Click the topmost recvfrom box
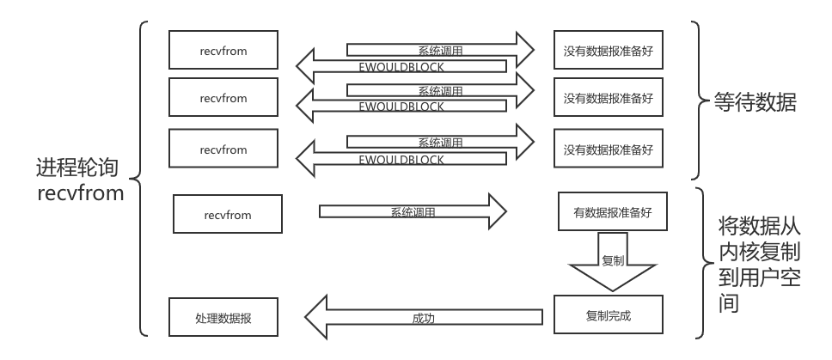(x=223, y=51)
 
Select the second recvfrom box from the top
(x=223, y=98)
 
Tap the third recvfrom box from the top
(x=223, y=149)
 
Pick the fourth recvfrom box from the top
(x=228, y=215)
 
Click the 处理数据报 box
(x=223, y=318)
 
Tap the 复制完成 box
(x=608, y=315)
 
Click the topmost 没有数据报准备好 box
(x=608, y=51)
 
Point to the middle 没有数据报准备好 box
(x=608, y=98)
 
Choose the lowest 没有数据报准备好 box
(x=608, y=149)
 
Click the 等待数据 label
(x=756, y=104)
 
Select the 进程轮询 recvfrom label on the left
(x=81, y=180)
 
